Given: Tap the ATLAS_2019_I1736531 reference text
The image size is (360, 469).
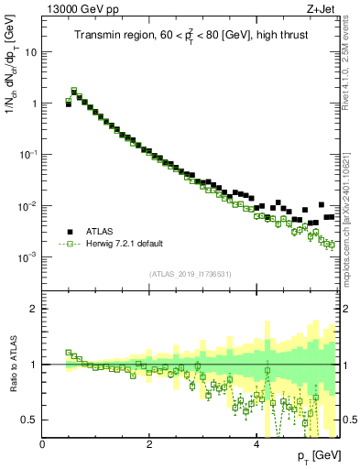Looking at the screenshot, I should (190, 274).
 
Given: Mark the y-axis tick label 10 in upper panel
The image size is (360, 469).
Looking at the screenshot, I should (30, 52).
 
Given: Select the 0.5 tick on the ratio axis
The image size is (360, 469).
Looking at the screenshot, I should (29, 420).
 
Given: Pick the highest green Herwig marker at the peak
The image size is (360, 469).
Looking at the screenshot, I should (74, 91).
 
